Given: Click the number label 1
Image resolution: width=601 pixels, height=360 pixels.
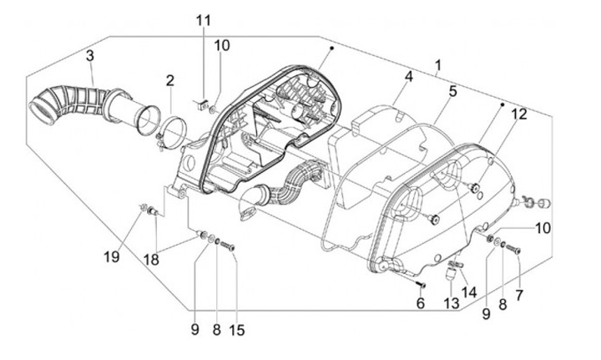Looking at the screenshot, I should click(x=439, y=65).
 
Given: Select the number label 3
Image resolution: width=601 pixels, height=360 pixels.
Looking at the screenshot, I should click(x=90, y=56).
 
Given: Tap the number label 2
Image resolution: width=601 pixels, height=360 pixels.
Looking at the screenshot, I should click(x=169, y=81).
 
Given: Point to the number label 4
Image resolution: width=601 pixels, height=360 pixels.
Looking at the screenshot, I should click(x=409, y=78).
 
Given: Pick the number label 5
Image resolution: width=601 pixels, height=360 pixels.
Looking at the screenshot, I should click(x=452, y=91).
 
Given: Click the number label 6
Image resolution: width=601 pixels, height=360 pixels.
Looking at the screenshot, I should click(x=421, y=303).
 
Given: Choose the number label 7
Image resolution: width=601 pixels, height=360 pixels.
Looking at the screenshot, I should click(x=519, y=295).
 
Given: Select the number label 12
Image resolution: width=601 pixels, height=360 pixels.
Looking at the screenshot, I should click(x=518, y=114).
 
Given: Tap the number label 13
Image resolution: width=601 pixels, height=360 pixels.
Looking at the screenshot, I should click(x=452, y=303).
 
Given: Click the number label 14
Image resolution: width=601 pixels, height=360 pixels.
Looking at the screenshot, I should click(x=468, y=292).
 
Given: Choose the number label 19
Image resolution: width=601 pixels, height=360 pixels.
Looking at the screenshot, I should click(x=111, y=258).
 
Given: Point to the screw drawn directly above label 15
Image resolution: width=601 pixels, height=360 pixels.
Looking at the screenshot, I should click(x=231, y=246).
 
